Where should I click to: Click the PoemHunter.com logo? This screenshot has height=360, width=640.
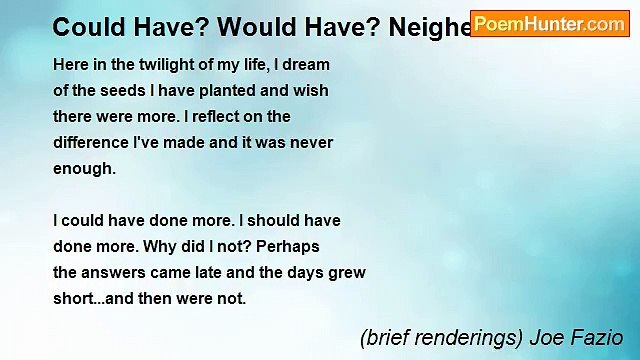click(549, 24)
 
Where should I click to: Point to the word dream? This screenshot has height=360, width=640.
click(307, 64)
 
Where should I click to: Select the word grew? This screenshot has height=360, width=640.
click(347, 272)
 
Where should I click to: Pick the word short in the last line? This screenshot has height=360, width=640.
click(74, 298)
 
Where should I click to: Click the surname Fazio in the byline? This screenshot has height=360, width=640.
click(599, 338)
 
